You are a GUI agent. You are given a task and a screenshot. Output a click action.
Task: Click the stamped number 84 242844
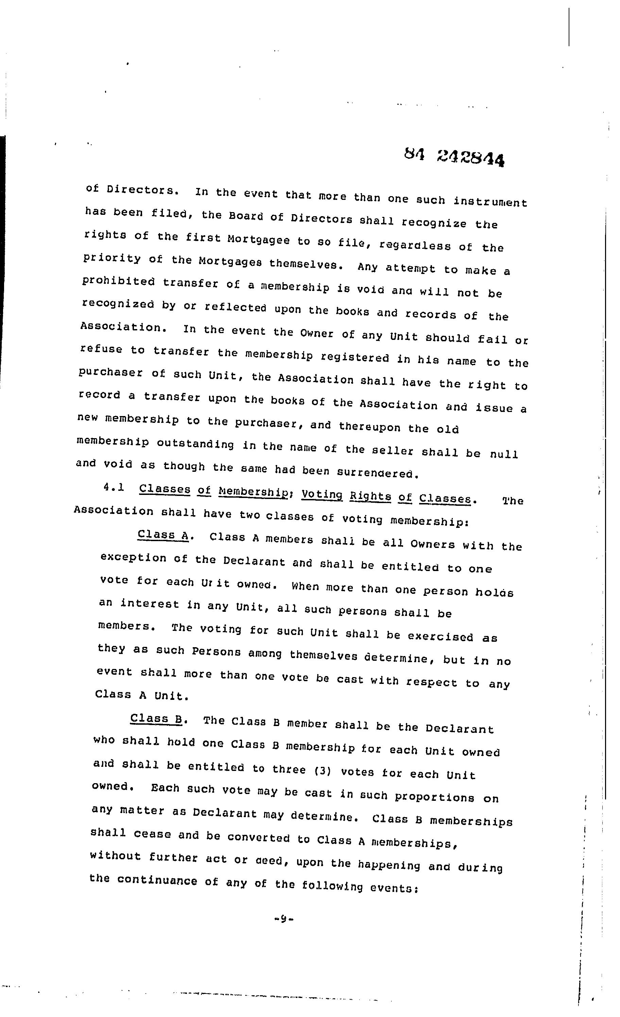click(x=454, y=157)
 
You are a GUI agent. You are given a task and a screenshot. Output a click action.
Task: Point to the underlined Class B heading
click(x=156, y=719)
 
